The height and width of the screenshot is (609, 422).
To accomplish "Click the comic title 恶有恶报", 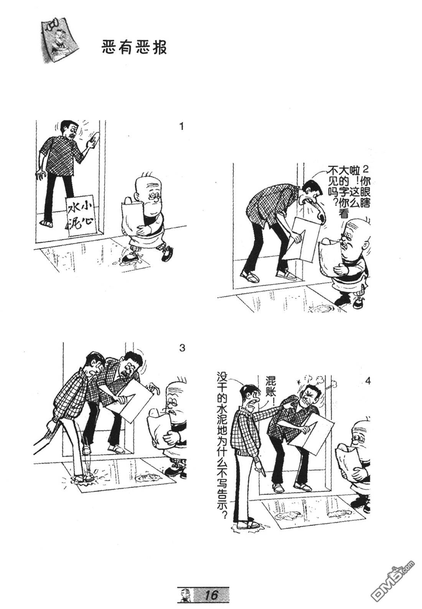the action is [x=134, y=48].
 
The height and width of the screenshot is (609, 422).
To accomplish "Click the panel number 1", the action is [x=181, y=127].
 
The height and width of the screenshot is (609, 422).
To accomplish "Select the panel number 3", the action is [x=182, y=348].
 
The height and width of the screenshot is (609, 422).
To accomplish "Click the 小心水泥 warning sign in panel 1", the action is [x=81, y=215].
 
